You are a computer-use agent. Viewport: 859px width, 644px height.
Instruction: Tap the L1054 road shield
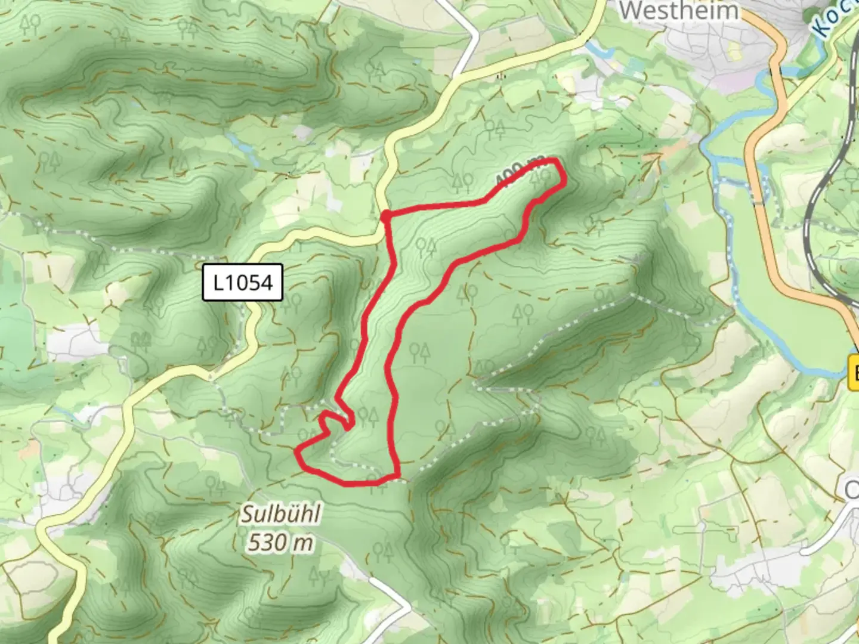242,282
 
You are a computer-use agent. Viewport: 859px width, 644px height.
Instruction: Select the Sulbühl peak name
280,515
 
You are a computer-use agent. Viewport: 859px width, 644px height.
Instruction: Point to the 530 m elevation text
280,543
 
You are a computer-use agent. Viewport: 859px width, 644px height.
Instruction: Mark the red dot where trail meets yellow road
386,215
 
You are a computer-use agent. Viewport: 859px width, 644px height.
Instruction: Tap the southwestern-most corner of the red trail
298,453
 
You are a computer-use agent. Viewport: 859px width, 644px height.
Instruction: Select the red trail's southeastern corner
396,475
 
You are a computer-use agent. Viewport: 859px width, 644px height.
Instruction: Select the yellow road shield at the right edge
854,373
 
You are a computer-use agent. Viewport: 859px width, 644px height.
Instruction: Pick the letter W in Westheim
632,10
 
